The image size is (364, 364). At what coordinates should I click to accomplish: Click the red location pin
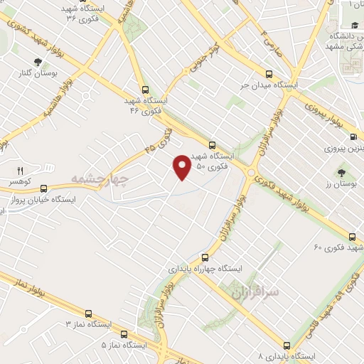[x=182, y=166]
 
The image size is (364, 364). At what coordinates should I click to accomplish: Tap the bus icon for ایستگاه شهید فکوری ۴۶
[x=145, y=90]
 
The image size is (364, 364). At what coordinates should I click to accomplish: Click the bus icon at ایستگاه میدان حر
[x=269, y=73]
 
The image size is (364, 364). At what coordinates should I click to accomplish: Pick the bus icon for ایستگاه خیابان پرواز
[x=45, y=189]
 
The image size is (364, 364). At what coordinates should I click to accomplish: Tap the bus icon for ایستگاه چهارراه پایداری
[x=205, y=257]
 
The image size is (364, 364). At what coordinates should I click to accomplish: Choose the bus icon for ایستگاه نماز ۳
[x=88, y=314]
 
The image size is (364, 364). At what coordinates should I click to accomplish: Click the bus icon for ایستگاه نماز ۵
[x=124, y=333]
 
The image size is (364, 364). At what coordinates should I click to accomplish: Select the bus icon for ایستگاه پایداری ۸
[x=286, y=339]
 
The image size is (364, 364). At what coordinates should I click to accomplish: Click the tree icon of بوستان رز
[x=343, y=172]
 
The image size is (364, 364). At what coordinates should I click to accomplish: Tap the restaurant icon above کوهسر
[x=20, y=171]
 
